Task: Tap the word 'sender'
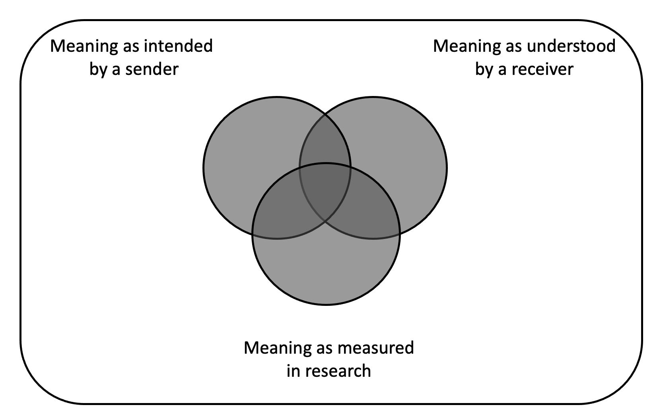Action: (152, 69)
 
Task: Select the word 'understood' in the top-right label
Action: (571, 46)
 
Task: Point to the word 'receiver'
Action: (542, 69)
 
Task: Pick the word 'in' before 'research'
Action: (293, 371)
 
